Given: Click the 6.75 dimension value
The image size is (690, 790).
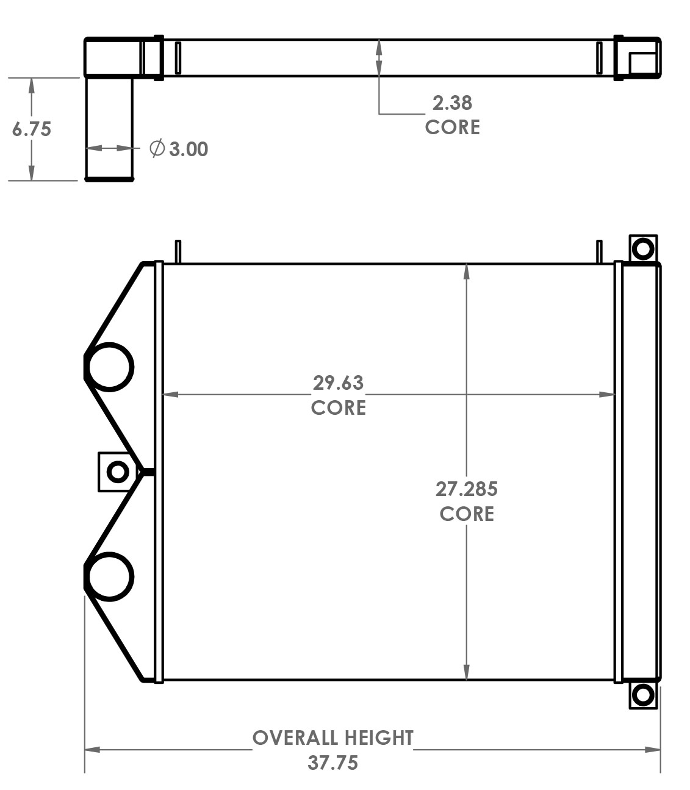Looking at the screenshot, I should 32,129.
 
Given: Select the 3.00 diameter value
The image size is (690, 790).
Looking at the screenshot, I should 189,149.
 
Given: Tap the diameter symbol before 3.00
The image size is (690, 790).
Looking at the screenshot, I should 157,148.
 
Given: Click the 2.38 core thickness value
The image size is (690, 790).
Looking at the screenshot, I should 452,102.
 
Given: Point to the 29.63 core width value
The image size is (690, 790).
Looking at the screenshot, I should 338,382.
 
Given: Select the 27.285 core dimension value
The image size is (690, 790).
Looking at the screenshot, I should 466,489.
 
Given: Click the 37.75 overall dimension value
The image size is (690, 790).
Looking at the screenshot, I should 332,763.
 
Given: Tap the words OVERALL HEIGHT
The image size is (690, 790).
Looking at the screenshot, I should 333,738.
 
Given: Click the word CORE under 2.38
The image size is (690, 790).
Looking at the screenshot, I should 452,127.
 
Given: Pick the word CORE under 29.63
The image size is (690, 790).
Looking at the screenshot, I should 338,408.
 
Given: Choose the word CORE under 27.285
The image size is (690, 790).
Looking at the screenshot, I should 466,514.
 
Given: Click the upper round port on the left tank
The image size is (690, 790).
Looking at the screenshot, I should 109,367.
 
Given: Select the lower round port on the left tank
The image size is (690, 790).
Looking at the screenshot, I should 109,576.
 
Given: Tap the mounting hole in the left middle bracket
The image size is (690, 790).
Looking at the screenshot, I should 117,472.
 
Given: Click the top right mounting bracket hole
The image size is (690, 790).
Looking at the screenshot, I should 642,248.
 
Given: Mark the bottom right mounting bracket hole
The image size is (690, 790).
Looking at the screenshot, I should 642,695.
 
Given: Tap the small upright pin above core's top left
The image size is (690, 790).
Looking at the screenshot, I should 178,251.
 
